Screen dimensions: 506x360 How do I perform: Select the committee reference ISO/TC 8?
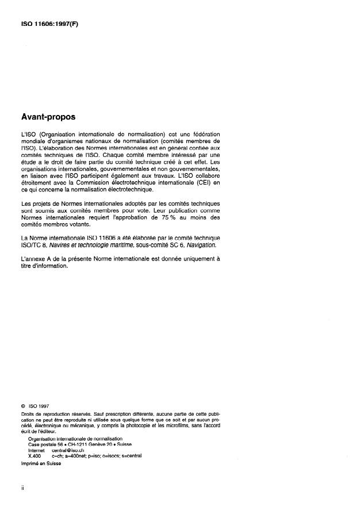pos(34,245)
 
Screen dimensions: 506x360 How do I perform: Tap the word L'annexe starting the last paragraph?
pos(32,258)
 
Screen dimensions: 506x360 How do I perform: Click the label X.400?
pos(34,455)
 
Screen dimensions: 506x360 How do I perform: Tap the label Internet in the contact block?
pos(36,450)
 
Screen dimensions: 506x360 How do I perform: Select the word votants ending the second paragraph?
pos(81,225)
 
